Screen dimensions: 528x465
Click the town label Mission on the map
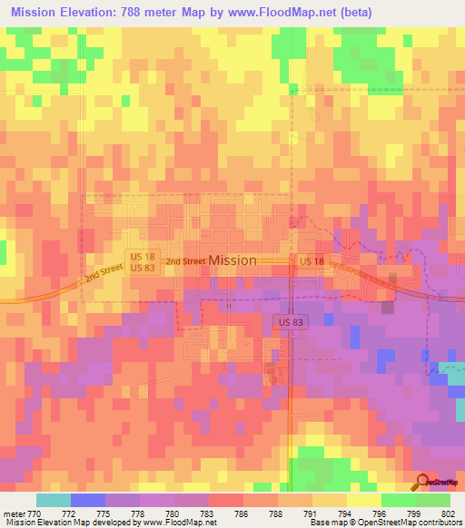232,260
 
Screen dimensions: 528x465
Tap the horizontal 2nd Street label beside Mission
185,261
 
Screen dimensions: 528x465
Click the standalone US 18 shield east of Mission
311,261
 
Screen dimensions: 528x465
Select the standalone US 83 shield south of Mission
287,322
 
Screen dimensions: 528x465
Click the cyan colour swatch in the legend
54,500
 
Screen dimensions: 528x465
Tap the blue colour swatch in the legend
88,500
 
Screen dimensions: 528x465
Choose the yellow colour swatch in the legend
364,500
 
